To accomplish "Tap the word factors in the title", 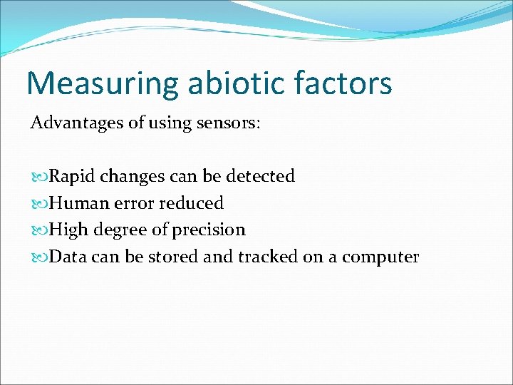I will (343, 83).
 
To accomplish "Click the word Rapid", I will (70, 176).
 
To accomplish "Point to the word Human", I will (76, 203).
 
